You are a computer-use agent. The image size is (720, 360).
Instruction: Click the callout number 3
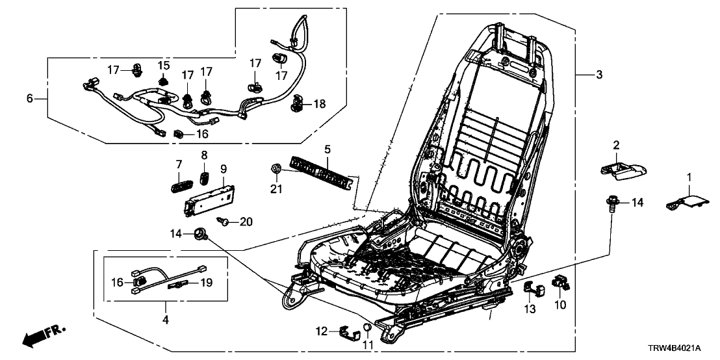[598, 75]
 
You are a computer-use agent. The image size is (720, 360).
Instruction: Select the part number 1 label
[691, 177]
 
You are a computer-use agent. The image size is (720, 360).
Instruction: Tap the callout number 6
[29, 98]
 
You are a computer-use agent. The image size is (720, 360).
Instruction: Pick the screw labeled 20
[225, 222]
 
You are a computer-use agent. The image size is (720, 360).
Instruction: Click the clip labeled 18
[298, 103]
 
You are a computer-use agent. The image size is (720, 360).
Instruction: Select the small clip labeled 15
[163, 81]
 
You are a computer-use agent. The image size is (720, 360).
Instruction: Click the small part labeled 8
[205, 179]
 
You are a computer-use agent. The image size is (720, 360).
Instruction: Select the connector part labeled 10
[559, 283]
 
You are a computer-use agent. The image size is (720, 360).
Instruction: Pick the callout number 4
[165, 320]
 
